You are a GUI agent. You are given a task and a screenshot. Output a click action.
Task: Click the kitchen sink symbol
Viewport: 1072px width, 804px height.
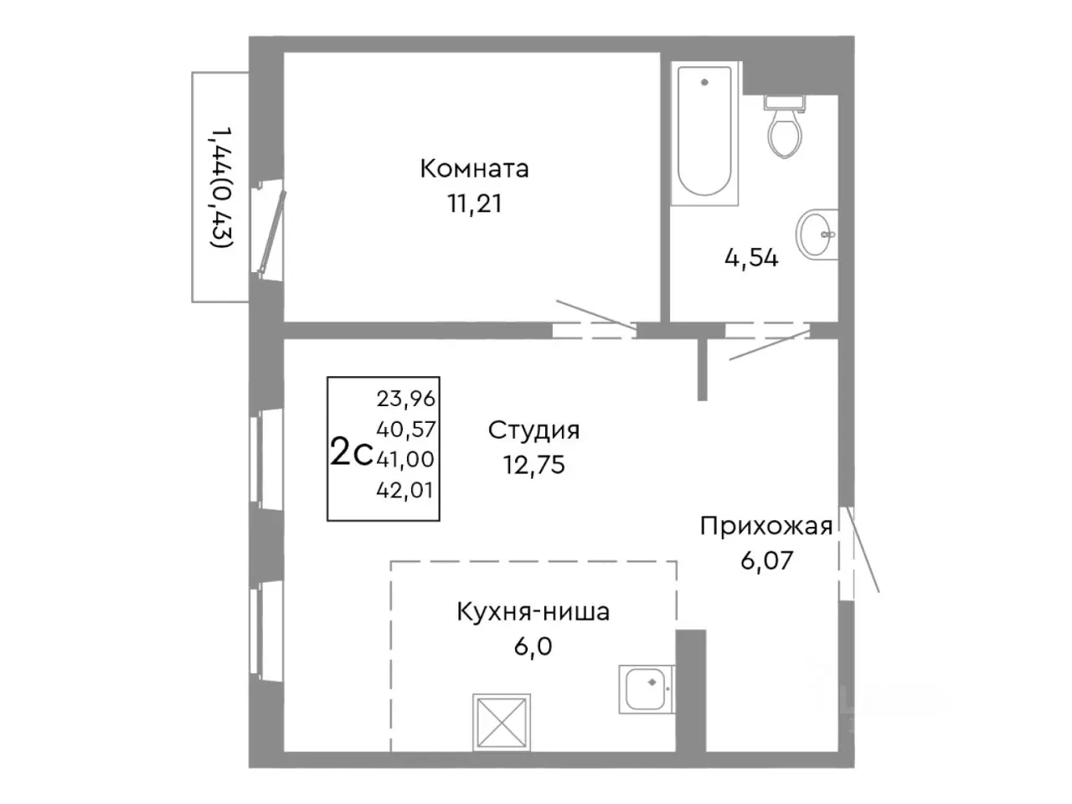[x=646, y=689]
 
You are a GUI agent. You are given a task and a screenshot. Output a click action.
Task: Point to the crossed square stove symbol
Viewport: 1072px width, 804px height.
[x=501, y=721]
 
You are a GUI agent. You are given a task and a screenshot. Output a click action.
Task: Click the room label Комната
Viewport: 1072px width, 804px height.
[x=474, y=169]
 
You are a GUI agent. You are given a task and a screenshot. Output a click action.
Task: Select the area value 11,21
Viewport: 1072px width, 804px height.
[x=474, y=204]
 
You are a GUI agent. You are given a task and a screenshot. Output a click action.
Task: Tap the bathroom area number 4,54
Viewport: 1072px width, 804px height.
[x=751, y=258]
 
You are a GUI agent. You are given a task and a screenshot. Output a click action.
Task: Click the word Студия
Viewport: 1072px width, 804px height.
[x=533, y=430]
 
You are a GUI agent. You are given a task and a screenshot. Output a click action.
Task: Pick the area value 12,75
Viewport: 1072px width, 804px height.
[x=533, y=465]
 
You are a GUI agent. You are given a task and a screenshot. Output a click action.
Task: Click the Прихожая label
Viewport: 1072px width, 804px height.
[x=765, y=526]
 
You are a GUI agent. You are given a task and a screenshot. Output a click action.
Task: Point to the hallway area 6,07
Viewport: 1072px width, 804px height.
[x=765, y=560]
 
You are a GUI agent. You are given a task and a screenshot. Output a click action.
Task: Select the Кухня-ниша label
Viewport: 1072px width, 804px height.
[x=533, y=612]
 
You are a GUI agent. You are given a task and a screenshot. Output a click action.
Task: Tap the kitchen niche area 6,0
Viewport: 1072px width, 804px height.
[x=533, y=647]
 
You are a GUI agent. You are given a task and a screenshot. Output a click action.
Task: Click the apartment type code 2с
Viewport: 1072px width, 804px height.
[x=351, y=453]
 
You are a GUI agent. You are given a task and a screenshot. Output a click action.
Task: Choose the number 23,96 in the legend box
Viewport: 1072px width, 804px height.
[x=406, y=399]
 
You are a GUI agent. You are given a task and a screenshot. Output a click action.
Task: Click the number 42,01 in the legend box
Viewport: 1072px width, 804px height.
[x=406, y=490]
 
